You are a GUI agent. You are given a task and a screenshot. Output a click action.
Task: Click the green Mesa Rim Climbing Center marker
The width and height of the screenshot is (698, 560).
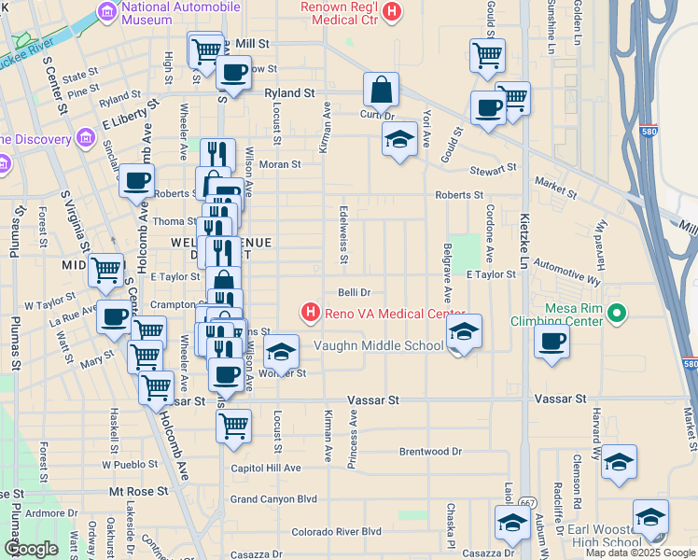[x=615, y=313]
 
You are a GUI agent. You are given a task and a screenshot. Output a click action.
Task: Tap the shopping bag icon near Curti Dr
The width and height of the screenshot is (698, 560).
[x=381, y=91]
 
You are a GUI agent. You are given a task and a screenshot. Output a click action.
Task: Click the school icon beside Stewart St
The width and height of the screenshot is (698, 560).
[x=400, y=140]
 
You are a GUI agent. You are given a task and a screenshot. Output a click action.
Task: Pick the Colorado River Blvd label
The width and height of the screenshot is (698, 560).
[x=336, y=531]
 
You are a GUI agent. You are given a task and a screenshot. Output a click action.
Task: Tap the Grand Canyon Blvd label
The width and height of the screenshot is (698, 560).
[x=273, y=499]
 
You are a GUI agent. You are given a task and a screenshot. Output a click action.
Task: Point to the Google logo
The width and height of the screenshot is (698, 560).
[x=31, y=549]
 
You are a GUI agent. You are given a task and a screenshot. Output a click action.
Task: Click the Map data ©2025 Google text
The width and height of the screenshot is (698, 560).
[x=640, y=553]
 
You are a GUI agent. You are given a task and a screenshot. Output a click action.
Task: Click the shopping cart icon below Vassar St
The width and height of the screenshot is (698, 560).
[x=233, y=426]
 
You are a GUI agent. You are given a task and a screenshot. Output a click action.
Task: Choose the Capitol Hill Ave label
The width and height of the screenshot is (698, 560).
[x=266, y=468]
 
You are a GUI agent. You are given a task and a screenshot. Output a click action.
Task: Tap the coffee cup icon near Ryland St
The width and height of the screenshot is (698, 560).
[x=234, y=72]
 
